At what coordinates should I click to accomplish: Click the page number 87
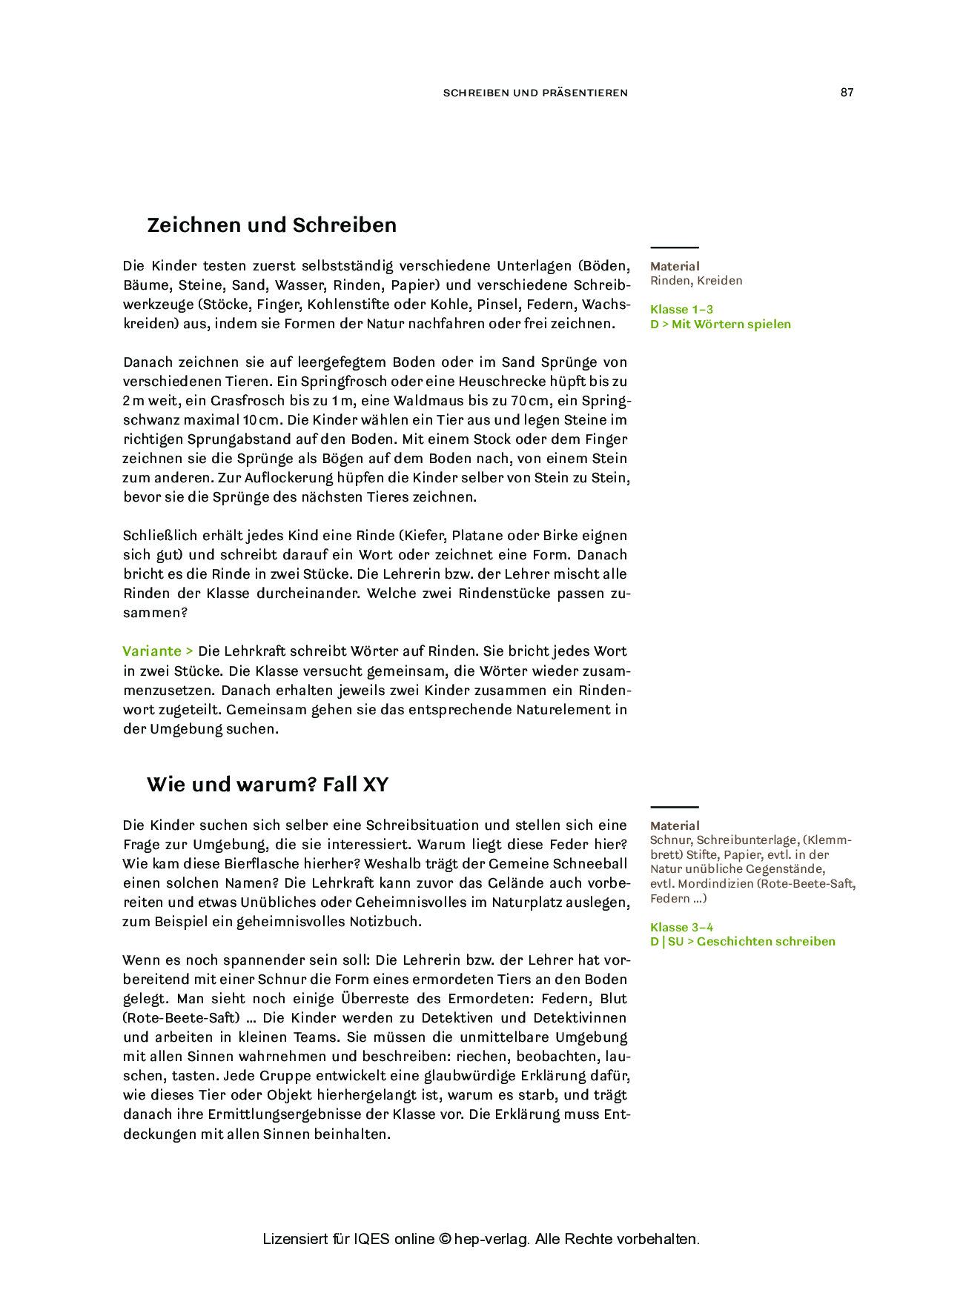tap(847, 93)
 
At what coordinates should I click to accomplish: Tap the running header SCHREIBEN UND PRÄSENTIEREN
tap(535, 93)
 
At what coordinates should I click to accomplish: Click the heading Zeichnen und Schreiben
tap(271, 225)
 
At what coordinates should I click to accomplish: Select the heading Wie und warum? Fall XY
tap(267, 785)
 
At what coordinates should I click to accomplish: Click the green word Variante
tap(152, 651)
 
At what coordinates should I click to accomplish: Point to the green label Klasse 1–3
tap(681, 310)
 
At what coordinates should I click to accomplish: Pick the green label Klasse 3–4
tap(681, 927)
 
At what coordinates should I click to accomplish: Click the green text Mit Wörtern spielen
tap(731, 325)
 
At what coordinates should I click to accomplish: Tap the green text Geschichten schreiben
tap(766, 942)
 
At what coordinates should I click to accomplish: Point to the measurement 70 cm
tap(525, 401)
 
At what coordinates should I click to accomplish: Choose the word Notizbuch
tap(385, 922)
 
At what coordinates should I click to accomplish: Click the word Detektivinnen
tap(579, 1018)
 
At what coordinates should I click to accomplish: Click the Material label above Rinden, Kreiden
tap(675, 267)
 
